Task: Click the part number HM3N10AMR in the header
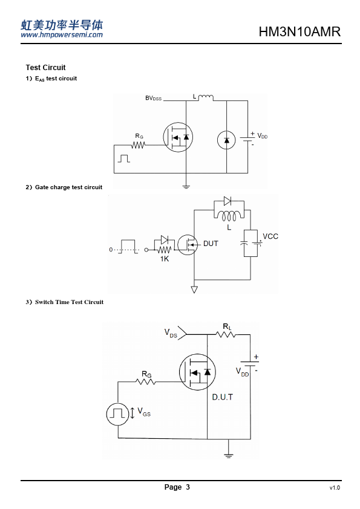click(x=299, y=32)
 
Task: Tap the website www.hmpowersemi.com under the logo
click(x=62, y=34)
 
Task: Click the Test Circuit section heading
click(x=45, y=68)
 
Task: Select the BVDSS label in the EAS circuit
click(x=153, y=98)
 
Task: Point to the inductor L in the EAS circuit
click(x=206, y=97)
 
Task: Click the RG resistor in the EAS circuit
click(x=139, y=145)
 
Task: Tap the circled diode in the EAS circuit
click(x=226, y=140)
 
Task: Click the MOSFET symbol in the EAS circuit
click(x=178, y=137)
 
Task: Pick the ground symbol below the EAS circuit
click(x=186, y=186)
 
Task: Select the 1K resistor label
click(x=165, y=259)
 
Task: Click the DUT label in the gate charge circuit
click(x=211, y=244)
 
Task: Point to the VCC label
click(x=270, y=236)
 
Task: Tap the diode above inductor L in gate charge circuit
click(x=227, y=201)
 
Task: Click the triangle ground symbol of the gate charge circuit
click(x=194, y=290)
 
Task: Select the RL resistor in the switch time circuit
click(x=226, y=334)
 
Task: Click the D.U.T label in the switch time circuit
click(x=223, y=397)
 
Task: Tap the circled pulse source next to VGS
click(x=117, y=414)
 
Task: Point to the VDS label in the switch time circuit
click(x=171, y=333)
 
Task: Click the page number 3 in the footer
click(x=188, y=487)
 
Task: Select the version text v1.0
click(x=335, y=488)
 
